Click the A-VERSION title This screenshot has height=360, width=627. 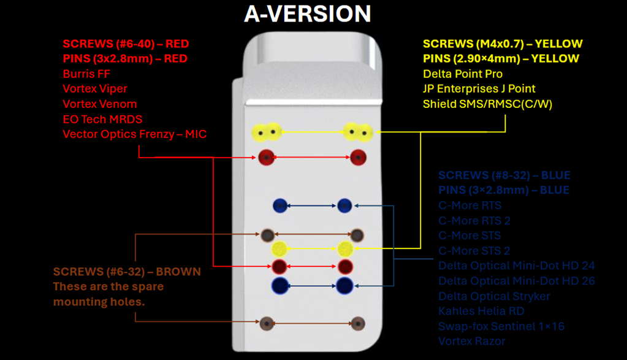[307, 13]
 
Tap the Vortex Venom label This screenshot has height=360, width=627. [100, 104]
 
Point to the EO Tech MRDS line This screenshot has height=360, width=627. [102, 119]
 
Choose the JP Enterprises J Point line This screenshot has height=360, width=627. [479, 89]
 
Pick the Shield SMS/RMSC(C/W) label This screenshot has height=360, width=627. [487, 104]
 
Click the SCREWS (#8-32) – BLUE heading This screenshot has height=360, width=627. [504, 175]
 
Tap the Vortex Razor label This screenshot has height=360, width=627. [472, 341]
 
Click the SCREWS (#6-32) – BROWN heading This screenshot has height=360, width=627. [127, 271]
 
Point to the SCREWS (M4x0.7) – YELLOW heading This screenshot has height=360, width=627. [503, 44]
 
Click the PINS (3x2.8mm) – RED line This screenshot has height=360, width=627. [125, 59]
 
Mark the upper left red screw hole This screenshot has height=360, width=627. [266, 157]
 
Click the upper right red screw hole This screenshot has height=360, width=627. [358, 157]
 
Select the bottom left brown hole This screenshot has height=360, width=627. [267, 323]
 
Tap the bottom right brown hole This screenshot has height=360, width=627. [358, 323]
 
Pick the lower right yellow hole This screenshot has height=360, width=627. [345, 249]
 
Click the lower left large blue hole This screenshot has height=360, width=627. [280, 285]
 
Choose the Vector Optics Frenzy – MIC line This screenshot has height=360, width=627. [134, 134]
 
